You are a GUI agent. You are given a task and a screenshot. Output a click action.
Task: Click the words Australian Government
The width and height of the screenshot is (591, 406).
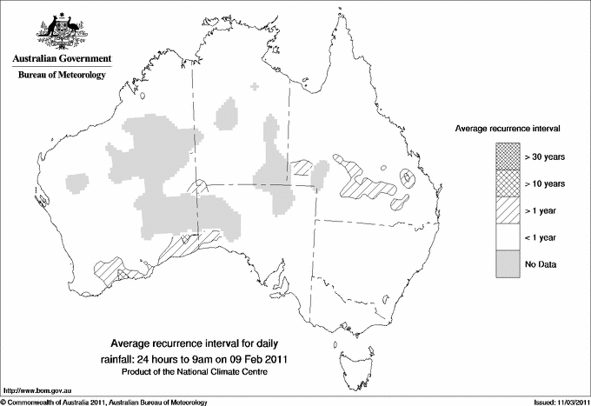click(x=61, y=59)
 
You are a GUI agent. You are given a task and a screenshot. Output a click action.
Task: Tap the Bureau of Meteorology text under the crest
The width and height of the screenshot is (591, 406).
click(x=61, y=76)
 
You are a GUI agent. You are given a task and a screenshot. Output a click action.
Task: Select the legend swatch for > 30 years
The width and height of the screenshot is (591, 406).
click(x=508, y=156)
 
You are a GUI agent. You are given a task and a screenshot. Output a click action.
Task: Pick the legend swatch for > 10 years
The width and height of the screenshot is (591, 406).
click(x=508, y=183)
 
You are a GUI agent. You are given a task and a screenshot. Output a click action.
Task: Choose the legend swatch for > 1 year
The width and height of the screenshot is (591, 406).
click(x=508, y=210)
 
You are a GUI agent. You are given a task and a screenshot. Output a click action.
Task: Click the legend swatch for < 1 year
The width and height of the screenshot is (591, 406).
click(x=508, y=237)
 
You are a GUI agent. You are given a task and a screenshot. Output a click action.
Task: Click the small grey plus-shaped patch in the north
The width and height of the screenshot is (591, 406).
click(x=254, y=86)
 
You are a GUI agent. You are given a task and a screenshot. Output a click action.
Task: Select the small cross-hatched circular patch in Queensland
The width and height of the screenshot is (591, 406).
click(x=407, y=177)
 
